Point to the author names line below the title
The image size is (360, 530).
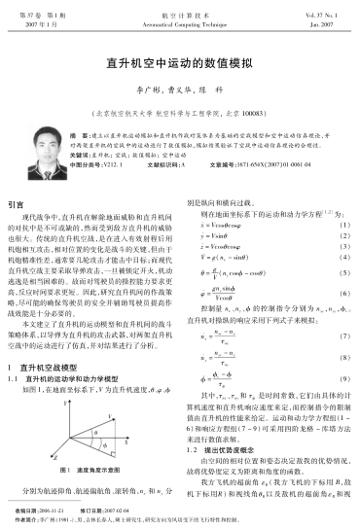[180, 86]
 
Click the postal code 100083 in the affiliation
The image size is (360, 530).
[256, 100]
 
